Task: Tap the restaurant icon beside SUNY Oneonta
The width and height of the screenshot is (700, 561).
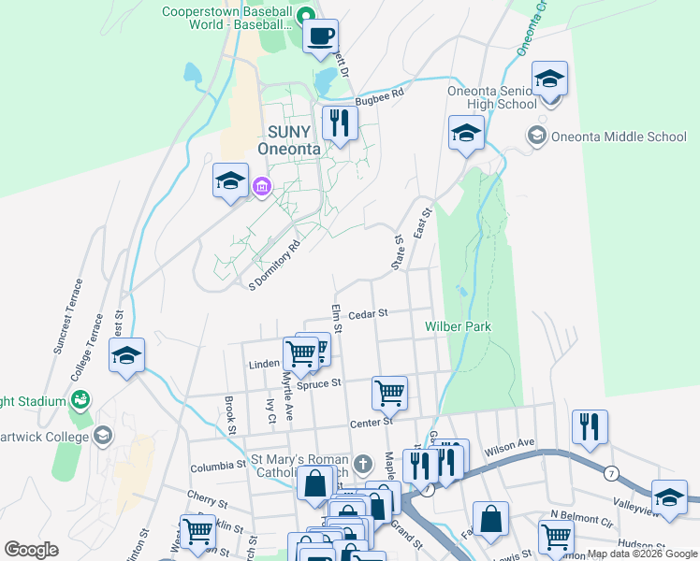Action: [338, 122]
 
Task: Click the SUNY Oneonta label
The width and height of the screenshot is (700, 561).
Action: [289, 140]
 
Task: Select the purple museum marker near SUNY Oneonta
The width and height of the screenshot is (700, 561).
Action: [261, 188]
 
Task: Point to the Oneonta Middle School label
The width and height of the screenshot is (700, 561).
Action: [619, 137]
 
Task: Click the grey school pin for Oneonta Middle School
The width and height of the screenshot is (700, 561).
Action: [537, 137]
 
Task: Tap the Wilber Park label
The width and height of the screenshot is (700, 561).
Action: [458, 326]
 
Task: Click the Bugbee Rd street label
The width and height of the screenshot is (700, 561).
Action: [385, 95]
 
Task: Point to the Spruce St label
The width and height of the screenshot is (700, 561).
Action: [319, 382]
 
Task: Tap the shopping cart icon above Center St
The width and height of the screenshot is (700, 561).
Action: [389, 393]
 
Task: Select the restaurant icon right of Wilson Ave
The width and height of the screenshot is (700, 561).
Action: [590, 426]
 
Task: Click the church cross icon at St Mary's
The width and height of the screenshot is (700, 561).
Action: [364, 463]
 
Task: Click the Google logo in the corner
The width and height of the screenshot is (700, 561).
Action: [32, 550]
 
